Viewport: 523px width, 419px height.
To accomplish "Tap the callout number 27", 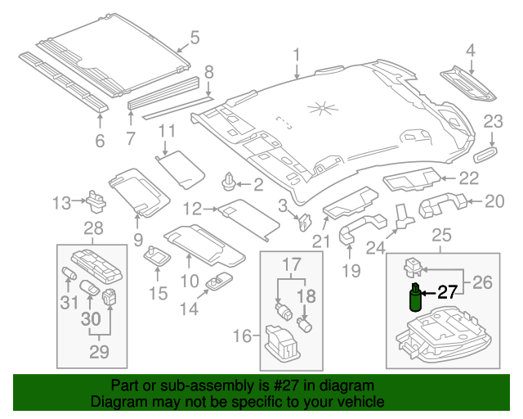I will [447, 292].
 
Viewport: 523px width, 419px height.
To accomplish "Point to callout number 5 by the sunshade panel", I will [194, 37].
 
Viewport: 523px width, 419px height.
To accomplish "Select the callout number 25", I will [441, 237].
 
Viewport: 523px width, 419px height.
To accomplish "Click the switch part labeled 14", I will [219, 282].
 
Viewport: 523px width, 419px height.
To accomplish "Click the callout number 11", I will [167, 131].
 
